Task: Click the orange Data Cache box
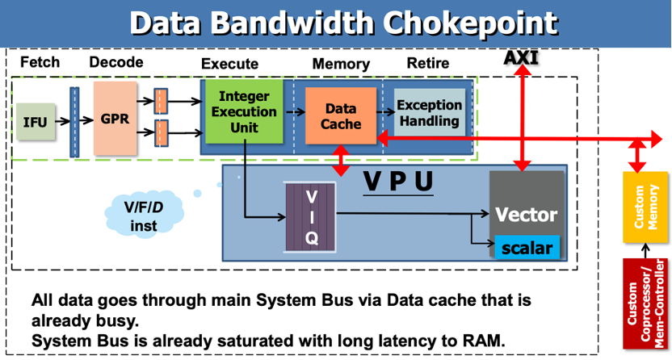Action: pos(339,116)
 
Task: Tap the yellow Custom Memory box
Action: pos(645,206)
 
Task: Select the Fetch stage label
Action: pos(40,62)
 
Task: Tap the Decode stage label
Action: pos(115,62)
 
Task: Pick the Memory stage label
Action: pos(341,64)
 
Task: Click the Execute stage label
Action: pos(229,64)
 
